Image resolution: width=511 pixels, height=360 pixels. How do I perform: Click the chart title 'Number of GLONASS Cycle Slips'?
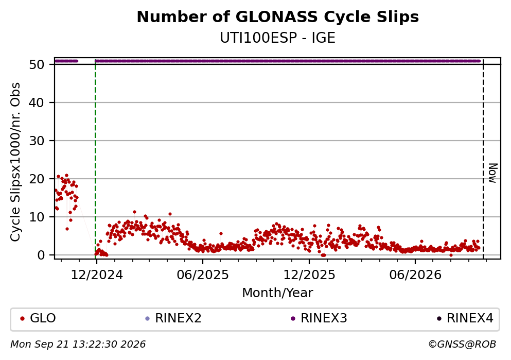point(278,17)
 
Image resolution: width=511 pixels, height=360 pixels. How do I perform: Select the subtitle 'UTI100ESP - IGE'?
point(278,38)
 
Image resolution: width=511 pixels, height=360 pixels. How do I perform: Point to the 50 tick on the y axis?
point(37,64)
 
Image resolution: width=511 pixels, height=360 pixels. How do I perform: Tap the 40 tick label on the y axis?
point(37,102)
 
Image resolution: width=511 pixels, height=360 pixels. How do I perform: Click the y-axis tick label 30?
point(37,141)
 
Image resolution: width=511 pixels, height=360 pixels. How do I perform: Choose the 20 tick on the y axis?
point(37,179)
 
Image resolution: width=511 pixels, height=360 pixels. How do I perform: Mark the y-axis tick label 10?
point(37,217)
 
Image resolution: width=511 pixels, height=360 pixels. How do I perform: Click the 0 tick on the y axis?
point(41,255)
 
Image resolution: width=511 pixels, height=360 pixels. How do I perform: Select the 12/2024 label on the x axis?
point(97,275)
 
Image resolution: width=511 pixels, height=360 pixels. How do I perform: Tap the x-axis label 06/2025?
point(203,275)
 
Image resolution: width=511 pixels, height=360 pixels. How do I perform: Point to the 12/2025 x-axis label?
point(309,275)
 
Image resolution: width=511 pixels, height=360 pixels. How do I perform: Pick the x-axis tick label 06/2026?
point(415,275)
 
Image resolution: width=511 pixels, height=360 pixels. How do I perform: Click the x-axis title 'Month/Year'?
point(278,293)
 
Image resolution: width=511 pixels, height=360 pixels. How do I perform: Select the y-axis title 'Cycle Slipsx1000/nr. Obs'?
point(15,162)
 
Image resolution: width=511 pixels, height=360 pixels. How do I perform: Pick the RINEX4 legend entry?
point(465,318)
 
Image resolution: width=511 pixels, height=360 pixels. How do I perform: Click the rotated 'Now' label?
point(493,173)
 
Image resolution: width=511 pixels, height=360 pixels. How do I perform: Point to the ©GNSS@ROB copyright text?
point(462,345)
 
